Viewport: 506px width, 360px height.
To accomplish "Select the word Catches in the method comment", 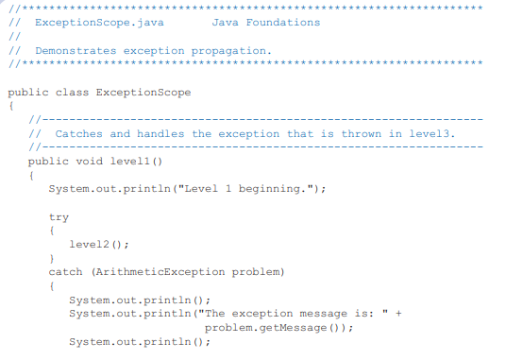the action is tap(78, 134).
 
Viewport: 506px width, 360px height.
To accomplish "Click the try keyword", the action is tap(59, 217).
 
